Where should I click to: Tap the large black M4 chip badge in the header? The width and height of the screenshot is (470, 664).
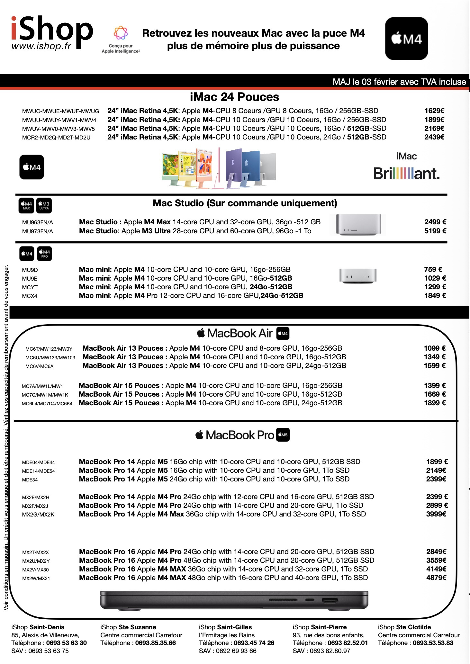pos(406,39)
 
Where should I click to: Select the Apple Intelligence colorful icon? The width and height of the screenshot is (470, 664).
pos(121,33)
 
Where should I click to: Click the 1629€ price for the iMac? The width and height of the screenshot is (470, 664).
pos(434,111)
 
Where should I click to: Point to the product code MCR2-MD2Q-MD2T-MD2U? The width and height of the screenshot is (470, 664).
pos(56,138)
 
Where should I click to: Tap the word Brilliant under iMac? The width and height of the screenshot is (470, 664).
pos(406,174)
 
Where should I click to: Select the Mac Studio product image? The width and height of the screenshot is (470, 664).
pos(358,224)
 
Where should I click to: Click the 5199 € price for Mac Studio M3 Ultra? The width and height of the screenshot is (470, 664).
pos(435,231)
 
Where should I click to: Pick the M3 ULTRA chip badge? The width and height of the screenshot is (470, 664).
pos(44,206)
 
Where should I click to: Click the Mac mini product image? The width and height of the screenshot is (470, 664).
pos(357,276)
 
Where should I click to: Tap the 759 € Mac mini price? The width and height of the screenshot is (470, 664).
pos(433,270)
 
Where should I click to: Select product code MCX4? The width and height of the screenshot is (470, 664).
pos(30,296)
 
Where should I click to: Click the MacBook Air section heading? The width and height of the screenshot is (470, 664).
pos(240,333)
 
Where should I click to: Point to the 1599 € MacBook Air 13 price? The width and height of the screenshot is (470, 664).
pos(434,366)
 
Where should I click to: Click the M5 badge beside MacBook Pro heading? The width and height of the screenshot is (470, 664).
pos(283,435)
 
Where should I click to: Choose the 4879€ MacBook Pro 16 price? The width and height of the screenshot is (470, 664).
pos(436,578)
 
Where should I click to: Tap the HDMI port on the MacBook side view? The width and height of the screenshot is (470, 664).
pos(330,600)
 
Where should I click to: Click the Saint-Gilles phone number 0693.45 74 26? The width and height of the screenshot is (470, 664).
pos(254,643)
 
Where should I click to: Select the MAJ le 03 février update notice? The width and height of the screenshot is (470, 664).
pos(399,82)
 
